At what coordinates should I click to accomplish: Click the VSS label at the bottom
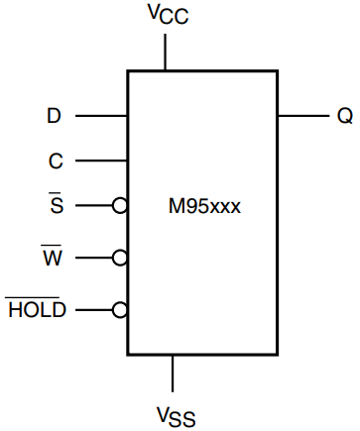tap(174, 413)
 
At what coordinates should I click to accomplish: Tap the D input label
tap(55, 116)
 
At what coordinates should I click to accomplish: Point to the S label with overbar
tap(56, 206)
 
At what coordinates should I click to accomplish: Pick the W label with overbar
tap(53, 258)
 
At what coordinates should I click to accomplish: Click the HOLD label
tap(37, 309)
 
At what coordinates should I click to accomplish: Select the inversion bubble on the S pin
tap(120, 206)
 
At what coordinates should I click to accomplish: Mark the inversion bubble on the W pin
tap(120, 258)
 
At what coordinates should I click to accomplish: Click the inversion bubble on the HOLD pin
tap(120, 309)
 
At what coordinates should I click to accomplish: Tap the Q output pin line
tap(301, 116)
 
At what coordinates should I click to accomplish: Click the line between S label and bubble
tap(94, 206)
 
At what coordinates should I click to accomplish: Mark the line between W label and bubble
tap(94, 258)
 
